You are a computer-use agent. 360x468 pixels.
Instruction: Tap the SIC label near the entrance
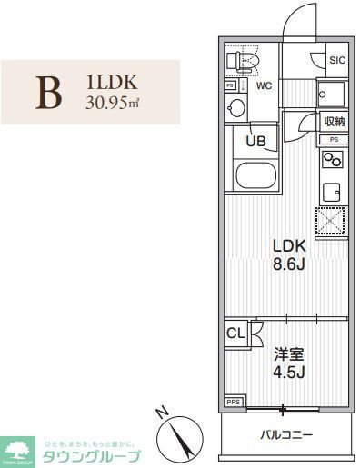[337, 60]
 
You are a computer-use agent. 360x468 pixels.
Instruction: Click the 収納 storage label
[334, 122]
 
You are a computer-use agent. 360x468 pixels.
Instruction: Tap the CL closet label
[235, 333]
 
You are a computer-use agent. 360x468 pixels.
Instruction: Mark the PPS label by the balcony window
[234, 400]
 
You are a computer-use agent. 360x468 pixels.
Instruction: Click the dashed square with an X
[332, 221]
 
